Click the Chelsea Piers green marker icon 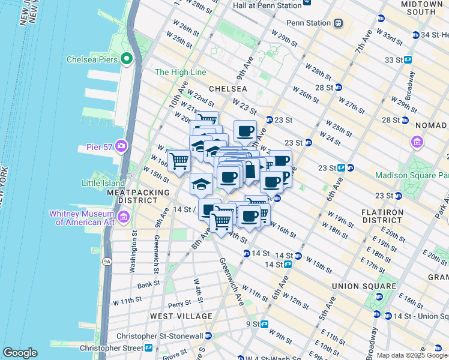pyautogui.click(x=127, y=59)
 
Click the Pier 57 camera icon pyautogui.click(x=121, y=146)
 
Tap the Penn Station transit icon pyautogui.click(x=339, y=23)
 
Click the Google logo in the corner pyautogui.click(x=20, y=353)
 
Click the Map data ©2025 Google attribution pyautogui.click(x=412, y=355)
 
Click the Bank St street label pyautogui.click(x=148, y=285)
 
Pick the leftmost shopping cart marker pyautogui.click(x=179, y=160)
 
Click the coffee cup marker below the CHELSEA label pyautogui.click(x=245, y=131)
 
